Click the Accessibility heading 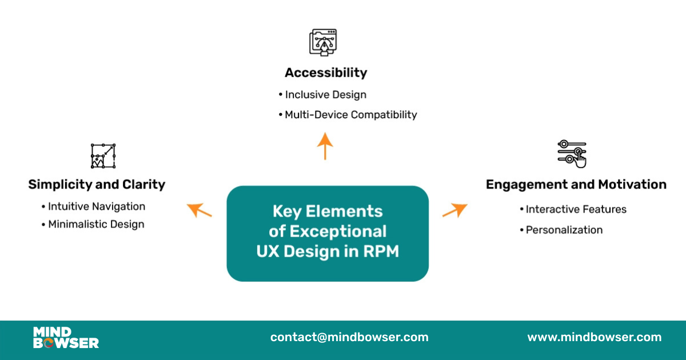point(326,73)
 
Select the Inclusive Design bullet point(325,94)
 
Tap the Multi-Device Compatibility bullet point(350,114)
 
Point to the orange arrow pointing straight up point(325,146)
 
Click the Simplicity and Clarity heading point(97,184)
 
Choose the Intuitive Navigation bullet point(96,206)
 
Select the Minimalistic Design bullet point(95,224)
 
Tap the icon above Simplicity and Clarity point(103,156)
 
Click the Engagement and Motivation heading point(576,184)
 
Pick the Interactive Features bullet point(576,209)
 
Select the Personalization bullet point(564,230)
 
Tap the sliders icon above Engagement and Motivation point(572,154)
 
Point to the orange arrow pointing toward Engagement point(455,210)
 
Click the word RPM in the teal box point(381,251)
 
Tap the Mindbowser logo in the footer point(66,337)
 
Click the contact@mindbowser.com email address point(349,337)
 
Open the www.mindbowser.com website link point(594,337)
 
